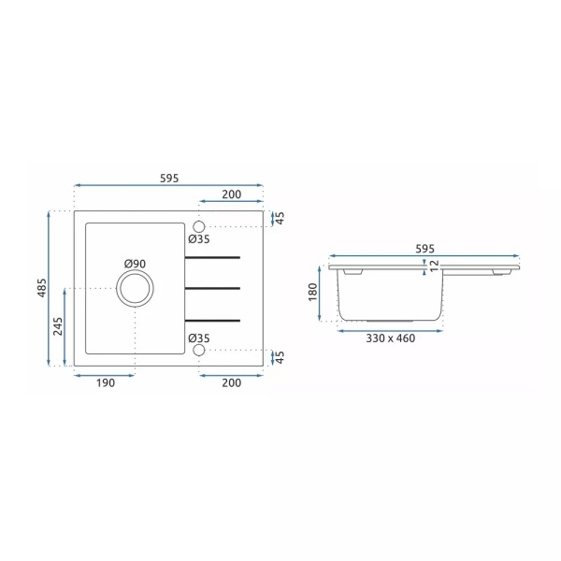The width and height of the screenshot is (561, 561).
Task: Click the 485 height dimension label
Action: [x=42, y=288]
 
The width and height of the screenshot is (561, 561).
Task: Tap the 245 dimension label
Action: [x=58, y=326]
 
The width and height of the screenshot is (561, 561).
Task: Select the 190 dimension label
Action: [x=106, y=382]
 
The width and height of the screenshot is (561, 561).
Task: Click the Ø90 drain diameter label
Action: [x=135, y=264]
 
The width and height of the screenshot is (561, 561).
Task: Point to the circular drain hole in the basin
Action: [x=135, y=288]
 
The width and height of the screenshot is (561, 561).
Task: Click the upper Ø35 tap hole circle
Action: [x=198, y=227]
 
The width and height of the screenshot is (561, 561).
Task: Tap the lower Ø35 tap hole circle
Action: [x=198, y=350]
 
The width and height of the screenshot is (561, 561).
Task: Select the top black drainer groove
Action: [x=212, y=257]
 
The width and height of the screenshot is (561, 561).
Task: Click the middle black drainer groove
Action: [x=212, y=288]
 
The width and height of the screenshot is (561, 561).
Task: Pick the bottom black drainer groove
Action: [x=212, y=320]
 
